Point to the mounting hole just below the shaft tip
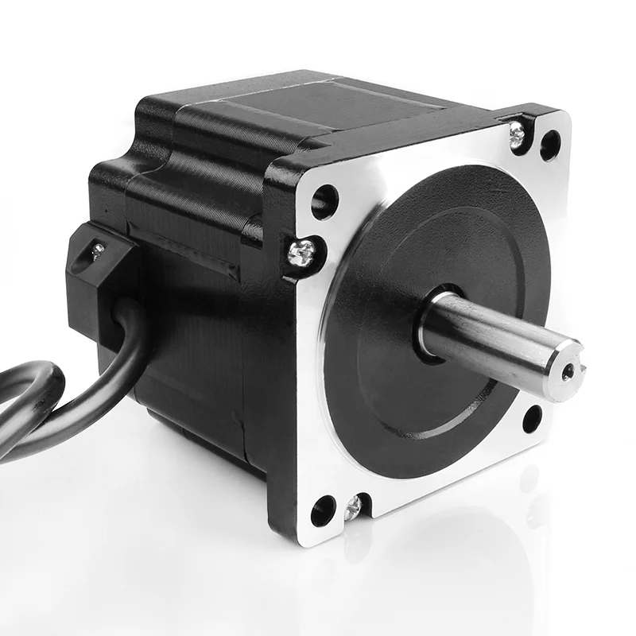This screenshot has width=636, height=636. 532,417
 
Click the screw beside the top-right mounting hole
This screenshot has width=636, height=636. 518,134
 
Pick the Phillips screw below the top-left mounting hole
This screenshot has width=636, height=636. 303,254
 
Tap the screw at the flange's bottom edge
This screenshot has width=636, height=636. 352,506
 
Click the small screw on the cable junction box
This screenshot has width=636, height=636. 96,252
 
